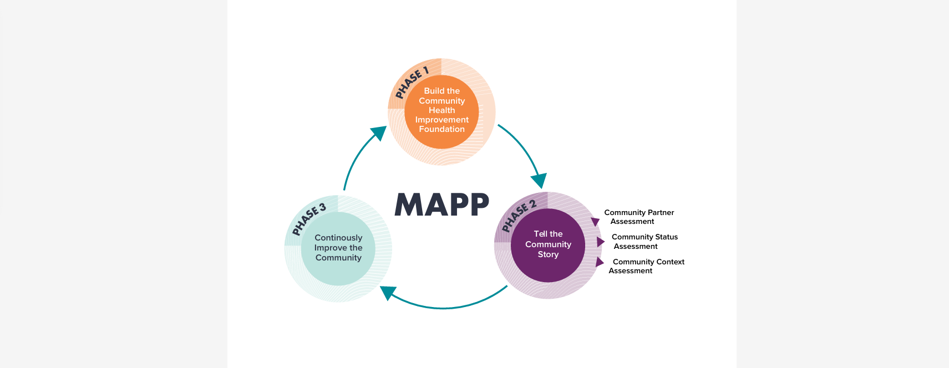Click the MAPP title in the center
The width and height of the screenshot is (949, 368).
[442, 205]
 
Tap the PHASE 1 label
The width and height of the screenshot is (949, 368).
[412, 83]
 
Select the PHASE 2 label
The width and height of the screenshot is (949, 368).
[519, 216]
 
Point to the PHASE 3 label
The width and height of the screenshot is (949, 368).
[309, 219]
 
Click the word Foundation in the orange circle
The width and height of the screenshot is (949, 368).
[442, 129]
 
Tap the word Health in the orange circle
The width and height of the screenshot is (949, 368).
[442, 110]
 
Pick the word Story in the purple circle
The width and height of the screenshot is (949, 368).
[548, 254]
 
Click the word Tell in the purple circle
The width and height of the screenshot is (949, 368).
[540, 234]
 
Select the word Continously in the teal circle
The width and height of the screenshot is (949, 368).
[338, 238]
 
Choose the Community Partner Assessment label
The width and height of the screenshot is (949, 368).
[639, 217]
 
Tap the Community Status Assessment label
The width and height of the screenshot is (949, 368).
[644, 242]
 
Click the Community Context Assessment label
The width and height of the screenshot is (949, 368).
[647, 267]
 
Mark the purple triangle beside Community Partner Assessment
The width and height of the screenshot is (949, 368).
[596, 222]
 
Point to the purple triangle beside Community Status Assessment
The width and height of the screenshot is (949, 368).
[600, 242]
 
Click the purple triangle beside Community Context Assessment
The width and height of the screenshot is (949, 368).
[599, 262]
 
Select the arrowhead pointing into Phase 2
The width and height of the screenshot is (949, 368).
[539, 181]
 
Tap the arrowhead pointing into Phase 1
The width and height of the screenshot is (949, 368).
[379, 133]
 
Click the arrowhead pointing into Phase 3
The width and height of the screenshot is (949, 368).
[388, 293]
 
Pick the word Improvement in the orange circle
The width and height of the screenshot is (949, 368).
[442, 120]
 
